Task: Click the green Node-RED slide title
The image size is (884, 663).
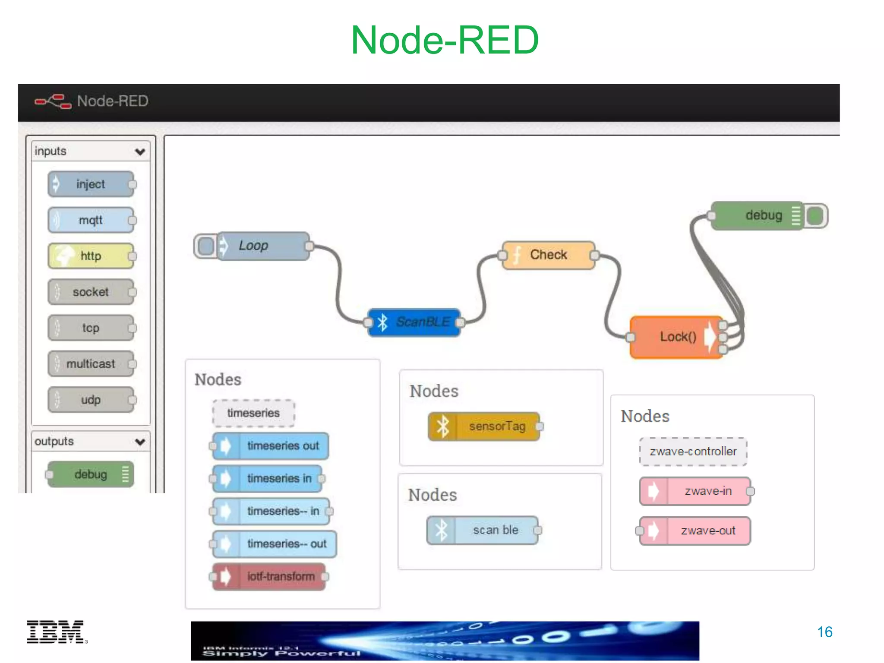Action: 445,40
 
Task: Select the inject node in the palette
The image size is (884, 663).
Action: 91,184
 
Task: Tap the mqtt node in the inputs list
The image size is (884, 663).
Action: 91,220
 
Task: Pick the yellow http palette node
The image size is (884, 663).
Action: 91,256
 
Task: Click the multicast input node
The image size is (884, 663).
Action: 91,364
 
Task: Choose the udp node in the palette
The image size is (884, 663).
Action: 91,400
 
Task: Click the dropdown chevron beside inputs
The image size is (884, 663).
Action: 140,152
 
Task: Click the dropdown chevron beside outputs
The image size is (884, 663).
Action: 140,442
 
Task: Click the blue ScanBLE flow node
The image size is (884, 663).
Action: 414,322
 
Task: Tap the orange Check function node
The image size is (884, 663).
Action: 548,255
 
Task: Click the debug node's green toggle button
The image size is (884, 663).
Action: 815,215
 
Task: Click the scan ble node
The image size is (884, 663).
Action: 483,530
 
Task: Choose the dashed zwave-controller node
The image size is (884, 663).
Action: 693,451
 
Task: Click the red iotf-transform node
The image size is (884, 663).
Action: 269,577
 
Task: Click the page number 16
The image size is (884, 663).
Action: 824,632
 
